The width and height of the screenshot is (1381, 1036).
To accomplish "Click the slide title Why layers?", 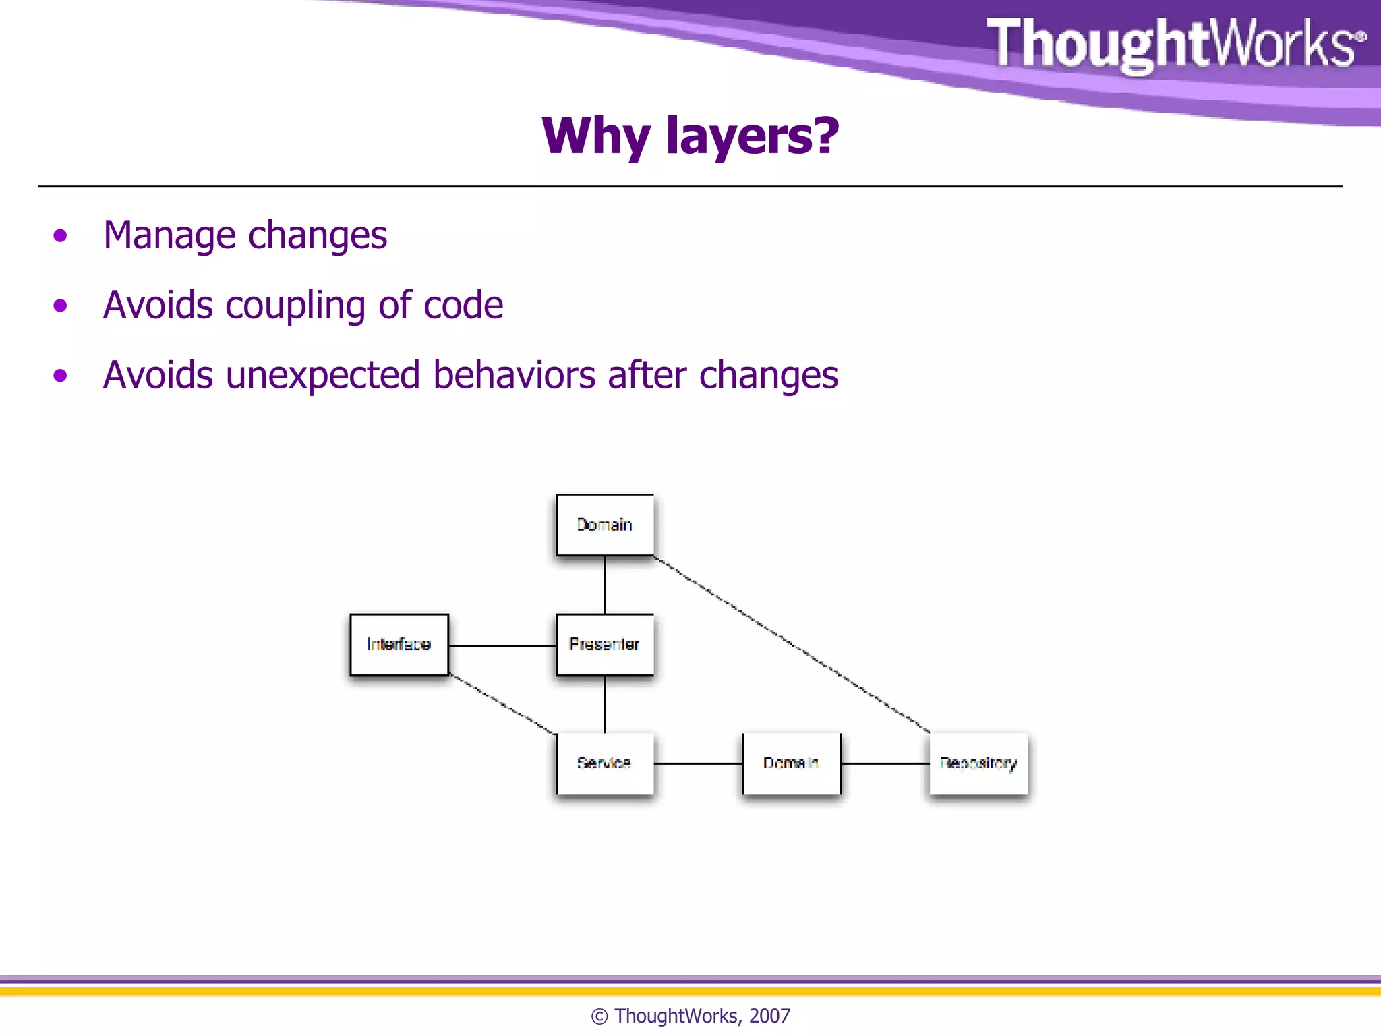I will pyautogui.click(x=690, y=136).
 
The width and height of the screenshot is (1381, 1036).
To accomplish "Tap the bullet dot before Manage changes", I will pyautogui.click(x=61, y=235).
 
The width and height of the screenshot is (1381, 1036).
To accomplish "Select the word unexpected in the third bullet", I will pyautogui.click(x=322, y=376).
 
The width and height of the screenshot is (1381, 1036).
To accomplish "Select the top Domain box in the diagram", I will pyautogui.click(x=605, y=525).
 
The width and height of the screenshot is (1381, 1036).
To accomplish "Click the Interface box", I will pyautogui.click(x=399, y=644).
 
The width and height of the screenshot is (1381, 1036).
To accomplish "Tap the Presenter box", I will pyautogui.click(x=605, y=644).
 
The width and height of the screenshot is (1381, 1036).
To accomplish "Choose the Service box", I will pyautogui.click(x=605, y=763).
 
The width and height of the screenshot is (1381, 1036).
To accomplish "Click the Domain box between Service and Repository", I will pyautogui.click(x=791, y=763).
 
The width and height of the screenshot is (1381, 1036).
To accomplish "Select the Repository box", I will pyautogui.click(x=978, y=763).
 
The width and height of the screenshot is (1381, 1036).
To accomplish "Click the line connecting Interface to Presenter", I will pyautogui.click(x=502, y=645).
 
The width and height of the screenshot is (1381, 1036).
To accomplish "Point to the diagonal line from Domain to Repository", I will pyautogui.click(x=792, y=644).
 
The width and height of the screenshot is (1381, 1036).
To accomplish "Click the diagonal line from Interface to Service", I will pyautogui.click(x=502, y=703).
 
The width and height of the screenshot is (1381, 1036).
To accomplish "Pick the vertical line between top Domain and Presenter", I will pyautogui.click(x=605, y=585).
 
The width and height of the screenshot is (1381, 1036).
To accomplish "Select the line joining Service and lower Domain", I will pyautogui.click(x=698, y=764).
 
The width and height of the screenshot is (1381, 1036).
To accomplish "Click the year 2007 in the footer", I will pyautogui.click(x=769, y=1016).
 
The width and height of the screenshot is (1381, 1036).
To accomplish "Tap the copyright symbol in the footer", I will pyautogui.click(x=599, y=1016).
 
